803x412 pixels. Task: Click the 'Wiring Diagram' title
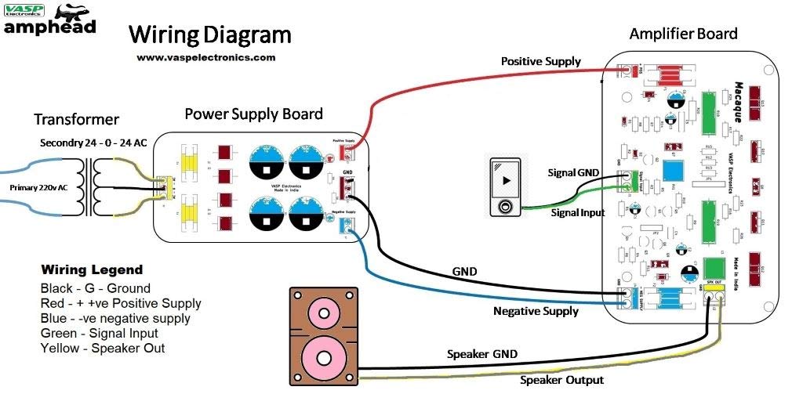click(209, 34)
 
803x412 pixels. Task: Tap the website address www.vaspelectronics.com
click(205, 57)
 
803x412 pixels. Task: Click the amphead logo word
click(50, 27)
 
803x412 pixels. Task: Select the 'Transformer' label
click(76, 120)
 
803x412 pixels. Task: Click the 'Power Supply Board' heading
click(253, 114)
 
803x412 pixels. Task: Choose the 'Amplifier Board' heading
click(684, 34)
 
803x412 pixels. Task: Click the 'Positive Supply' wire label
click(541, 61)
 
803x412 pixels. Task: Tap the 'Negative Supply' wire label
click(536, 311)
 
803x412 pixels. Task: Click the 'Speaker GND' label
click(482, 354)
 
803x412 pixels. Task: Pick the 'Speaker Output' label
click(562, 380)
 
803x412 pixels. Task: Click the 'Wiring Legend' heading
click(92, 270)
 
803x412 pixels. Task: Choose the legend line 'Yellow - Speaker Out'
click(102, 348)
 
